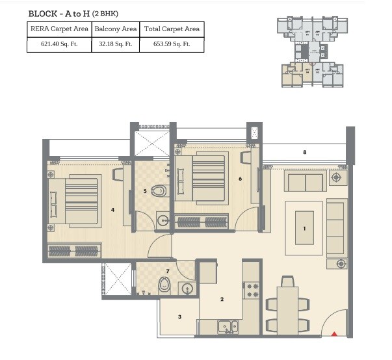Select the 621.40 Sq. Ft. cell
point(59,45)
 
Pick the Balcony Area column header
point(115,29)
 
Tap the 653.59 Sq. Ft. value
point(172,45)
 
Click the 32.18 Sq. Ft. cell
point(115,45)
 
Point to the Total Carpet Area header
point(172,29)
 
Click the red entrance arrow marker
point(335,334)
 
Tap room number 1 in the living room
point(304,229)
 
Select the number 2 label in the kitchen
point(222,300)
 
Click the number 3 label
point(180,316)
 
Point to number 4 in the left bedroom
point(112,210)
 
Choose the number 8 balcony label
point(304,153)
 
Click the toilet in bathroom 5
point(158,192)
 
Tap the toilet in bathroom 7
point(164,284)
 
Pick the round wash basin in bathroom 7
point(188,289)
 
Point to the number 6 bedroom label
point(241,177)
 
